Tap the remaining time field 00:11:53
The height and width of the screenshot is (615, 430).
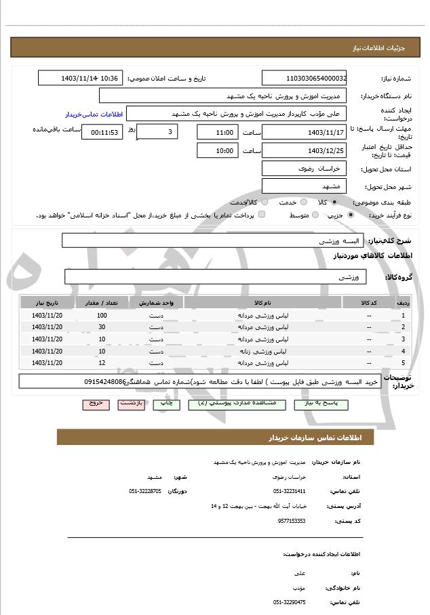pos(102,132)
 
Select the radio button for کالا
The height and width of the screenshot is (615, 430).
pos(334,202)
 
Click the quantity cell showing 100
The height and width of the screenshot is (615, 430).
pos(102,316)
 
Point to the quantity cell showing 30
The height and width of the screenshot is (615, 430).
pos(102,327)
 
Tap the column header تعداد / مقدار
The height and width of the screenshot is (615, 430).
pos(102,302)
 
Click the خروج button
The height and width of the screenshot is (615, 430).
pos(96,404)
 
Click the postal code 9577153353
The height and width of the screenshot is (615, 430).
pos(292,521)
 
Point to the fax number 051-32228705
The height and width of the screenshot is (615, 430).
pos(145,490)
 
